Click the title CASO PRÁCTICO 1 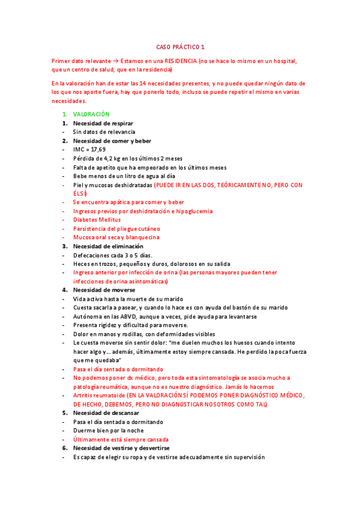(180, 46)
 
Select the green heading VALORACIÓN (91, 114)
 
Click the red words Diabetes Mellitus (97, 220)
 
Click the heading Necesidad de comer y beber (112, 141)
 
